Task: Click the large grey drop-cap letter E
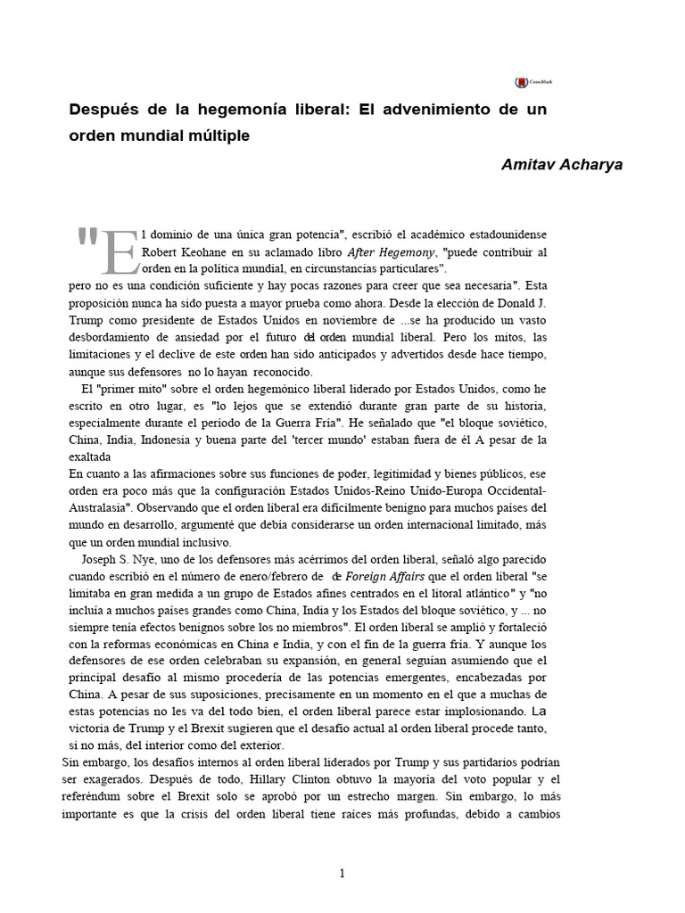click(x=120, y=249)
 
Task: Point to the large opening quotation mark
click(x=87, y=238)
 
